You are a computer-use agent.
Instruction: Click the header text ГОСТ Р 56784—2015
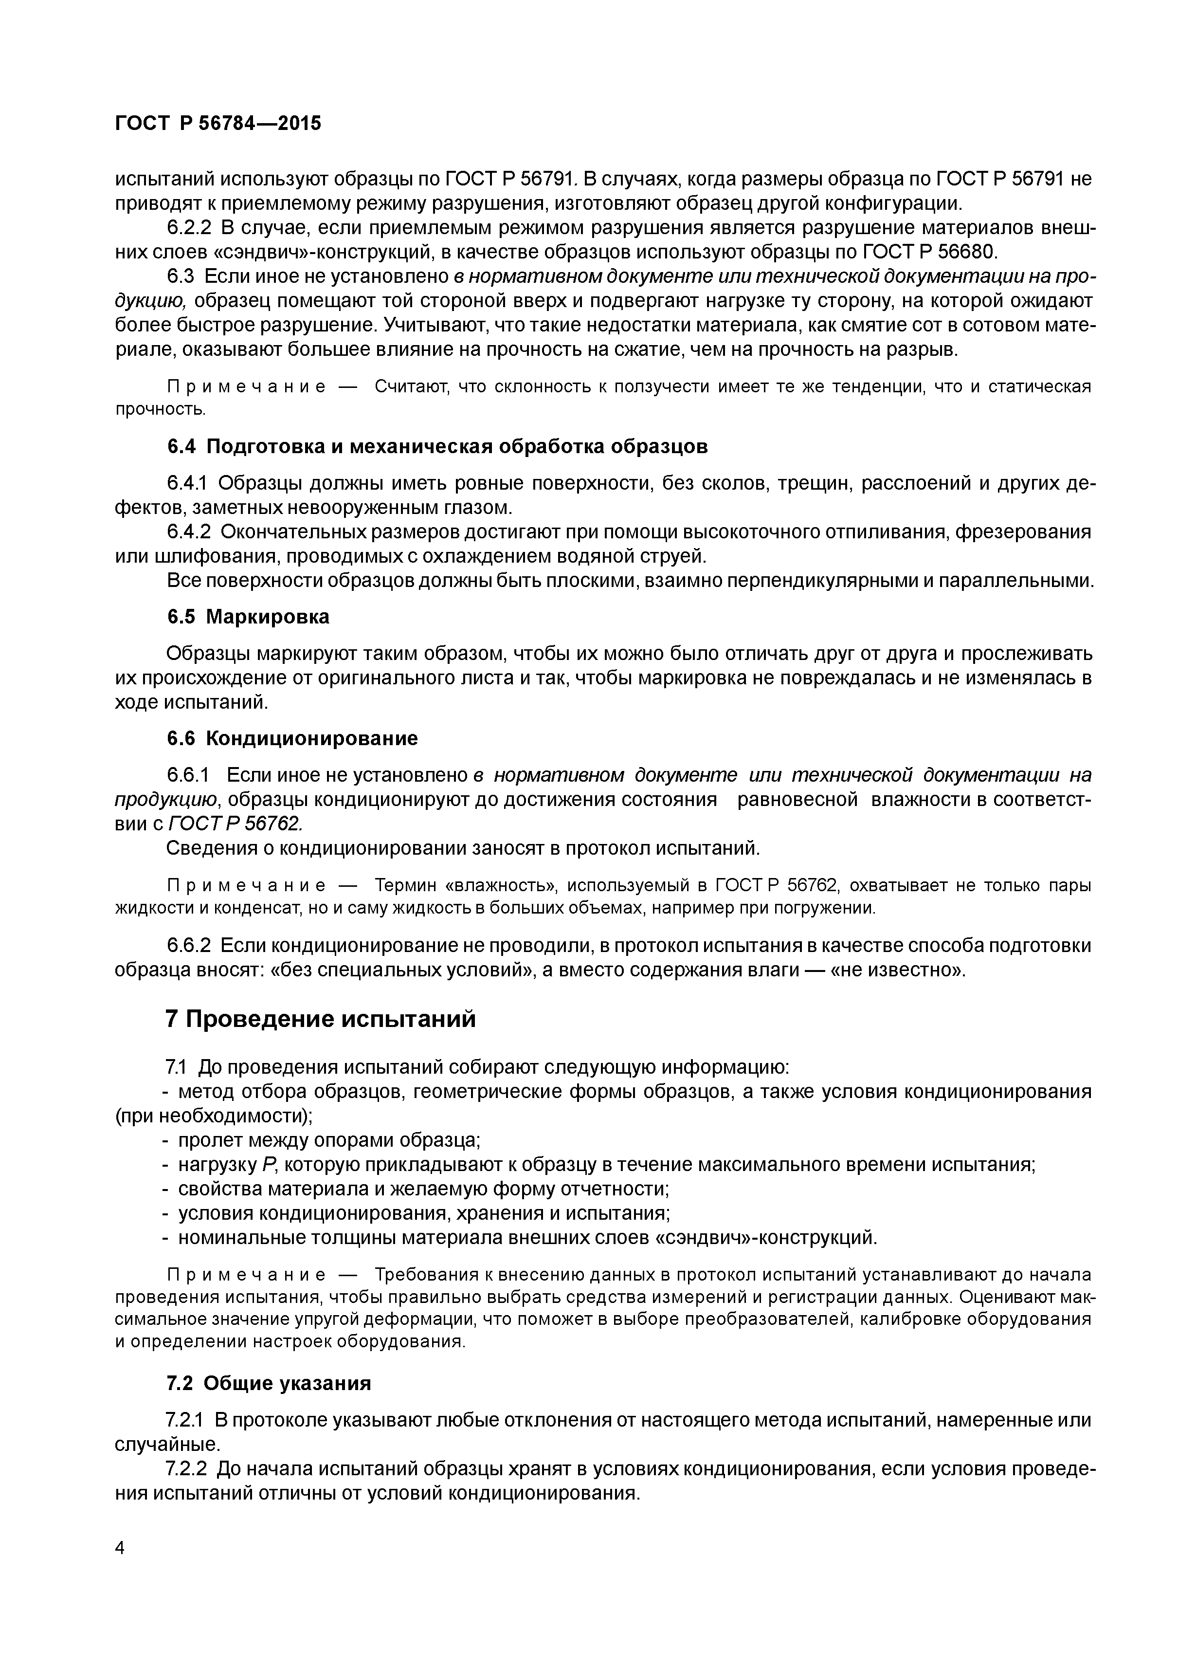(x=218, y=124)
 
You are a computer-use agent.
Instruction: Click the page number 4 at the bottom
(x=121, y=1548)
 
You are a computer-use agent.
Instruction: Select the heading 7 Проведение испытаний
(x=320, y=1019)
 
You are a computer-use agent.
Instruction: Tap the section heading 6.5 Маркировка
(x=248, y=616)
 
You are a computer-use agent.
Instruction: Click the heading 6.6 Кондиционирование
(x=292, y=738)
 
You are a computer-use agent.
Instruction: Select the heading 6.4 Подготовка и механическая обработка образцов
(x=437, y=446)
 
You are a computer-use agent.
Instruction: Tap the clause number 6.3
(x=181, y=276)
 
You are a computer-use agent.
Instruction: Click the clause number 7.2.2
(x=186, y=1469)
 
